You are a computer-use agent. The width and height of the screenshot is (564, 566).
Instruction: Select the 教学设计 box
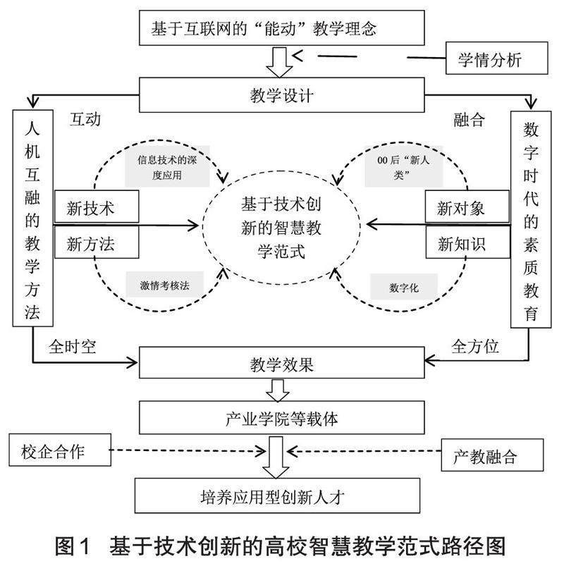pos(282,94)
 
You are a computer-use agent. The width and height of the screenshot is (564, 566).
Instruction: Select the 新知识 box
pos(466,244)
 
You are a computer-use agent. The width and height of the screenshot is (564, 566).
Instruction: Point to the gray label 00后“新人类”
pos(403,168)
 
